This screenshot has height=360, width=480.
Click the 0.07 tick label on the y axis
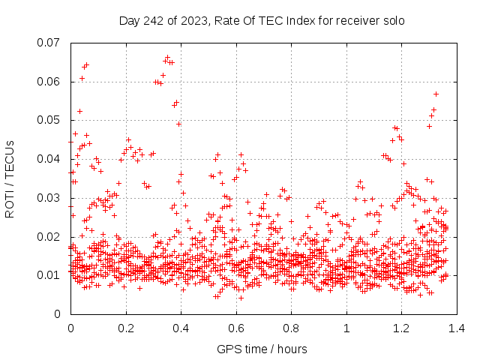click(50, 42)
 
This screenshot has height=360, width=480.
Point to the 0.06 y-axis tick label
click(50, 81)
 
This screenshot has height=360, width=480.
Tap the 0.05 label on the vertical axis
click(50, 120)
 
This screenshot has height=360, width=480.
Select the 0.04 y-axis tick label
click(50, 159)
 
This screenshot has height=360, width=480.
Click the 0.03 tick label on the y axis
click(50, 198)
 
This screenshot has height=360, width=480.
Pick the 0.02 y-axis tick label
click(50, 237)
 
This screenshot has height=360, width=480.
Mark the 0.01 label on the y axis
click(50, 275)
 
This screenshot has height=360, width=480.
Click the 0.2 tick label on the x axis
click(126, 328)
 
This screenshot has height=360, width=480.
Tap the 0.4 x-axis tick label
click(181, 328)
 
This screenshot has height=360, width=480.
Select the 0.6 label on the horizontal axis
click(236, 328)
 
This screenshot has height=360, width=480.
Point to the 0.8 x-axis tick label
click(291, 328)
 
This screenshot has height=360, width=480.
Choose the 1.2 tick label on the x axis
click(401, 328)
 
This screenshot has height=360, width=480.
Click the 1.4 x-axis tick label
click(457, 328)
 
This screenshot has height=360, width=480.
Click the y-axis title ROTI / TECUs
click(10, 178)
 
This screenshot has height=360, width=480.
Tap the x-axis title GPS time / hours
click(262, 349)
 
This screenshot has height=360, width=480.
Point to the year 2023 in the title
click(196, 20)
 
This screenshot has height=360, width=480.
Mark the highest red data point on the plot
click(167, 57)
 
